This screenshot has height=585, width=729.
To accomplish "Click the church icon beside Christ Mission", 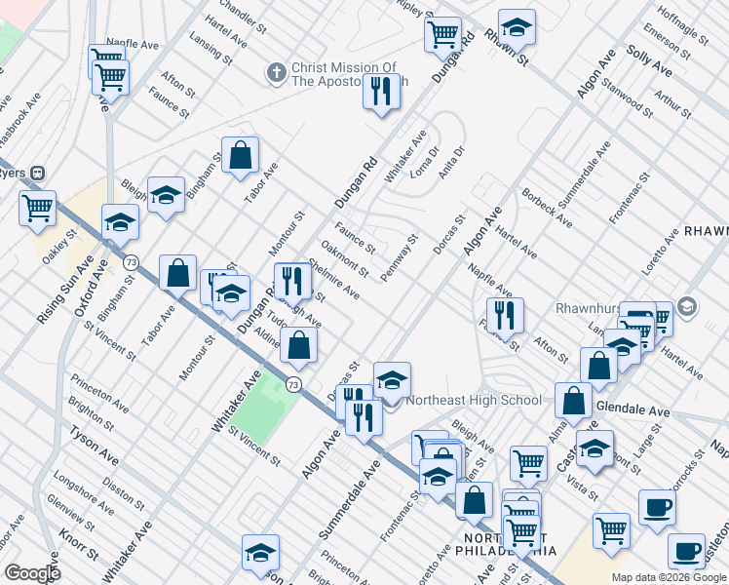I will (277, 73).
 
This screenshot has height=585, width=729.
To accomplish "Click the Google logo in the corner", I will (32, 573).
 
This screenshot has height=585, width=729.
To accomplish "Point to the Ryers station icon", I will (38, 173).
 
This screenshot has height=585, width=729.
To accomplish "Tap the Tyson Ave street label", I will (95, 448).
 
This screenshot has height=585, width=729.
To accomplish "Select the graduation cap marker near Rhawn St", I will (517, 27).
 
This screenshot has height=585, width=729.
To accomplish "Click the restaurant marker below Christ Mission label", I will (380, 93).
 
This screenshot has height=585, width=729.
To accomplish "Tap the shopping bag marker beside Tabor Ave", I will (240, 155).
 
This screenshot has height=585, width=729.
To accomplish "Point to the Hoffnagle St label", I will (681, 23).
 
